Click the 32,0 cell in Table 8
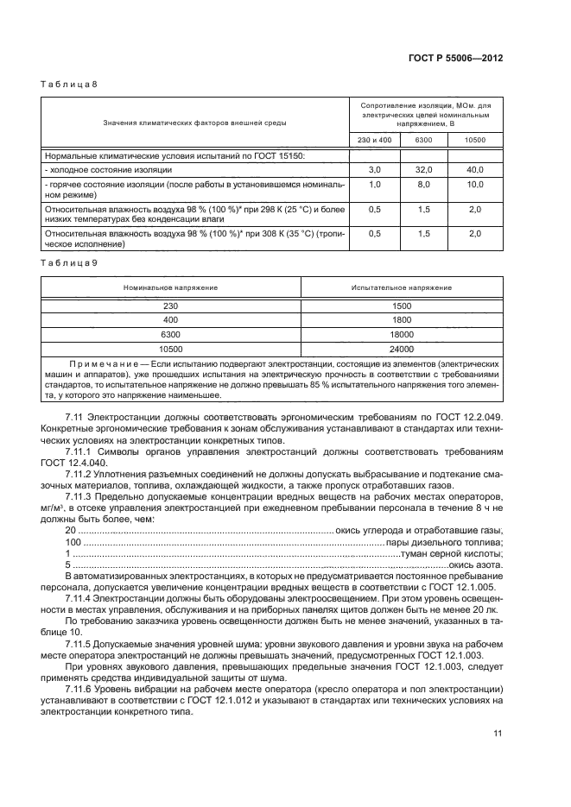click(x=424, y=171)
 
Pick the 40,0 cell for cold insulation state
click(x=475, y=171)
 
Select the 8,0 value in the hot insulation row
click(x=424, y=185)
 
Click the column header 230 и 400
click(x=375, y=139)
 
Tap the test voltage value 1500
click(x=402, y=306)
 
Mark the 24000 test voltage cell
click(x=402, y=350)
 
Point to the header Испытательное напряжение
click(x=402, y=287)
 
